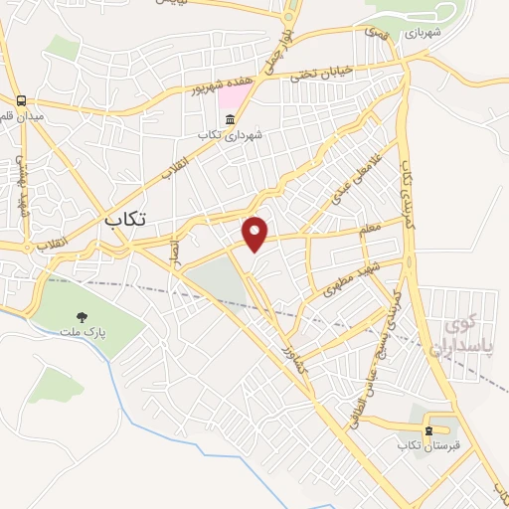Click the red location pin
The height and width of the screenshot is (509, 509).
click(255, 233)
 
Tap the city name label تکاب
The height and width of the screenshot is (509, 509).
click(124, 220)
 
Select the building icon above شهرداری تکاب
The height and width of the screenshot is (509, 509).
click(230, 119)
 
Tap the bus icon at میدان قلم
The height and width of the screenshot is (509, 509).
click(21, 100)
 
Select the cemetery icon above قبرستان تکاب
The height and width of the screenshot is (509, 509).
click(428, 430)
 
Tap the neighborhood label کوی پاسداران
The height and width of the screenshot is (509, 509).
click(456, 335)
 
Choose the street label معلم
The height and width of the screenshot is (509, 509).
click(370, 230)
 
